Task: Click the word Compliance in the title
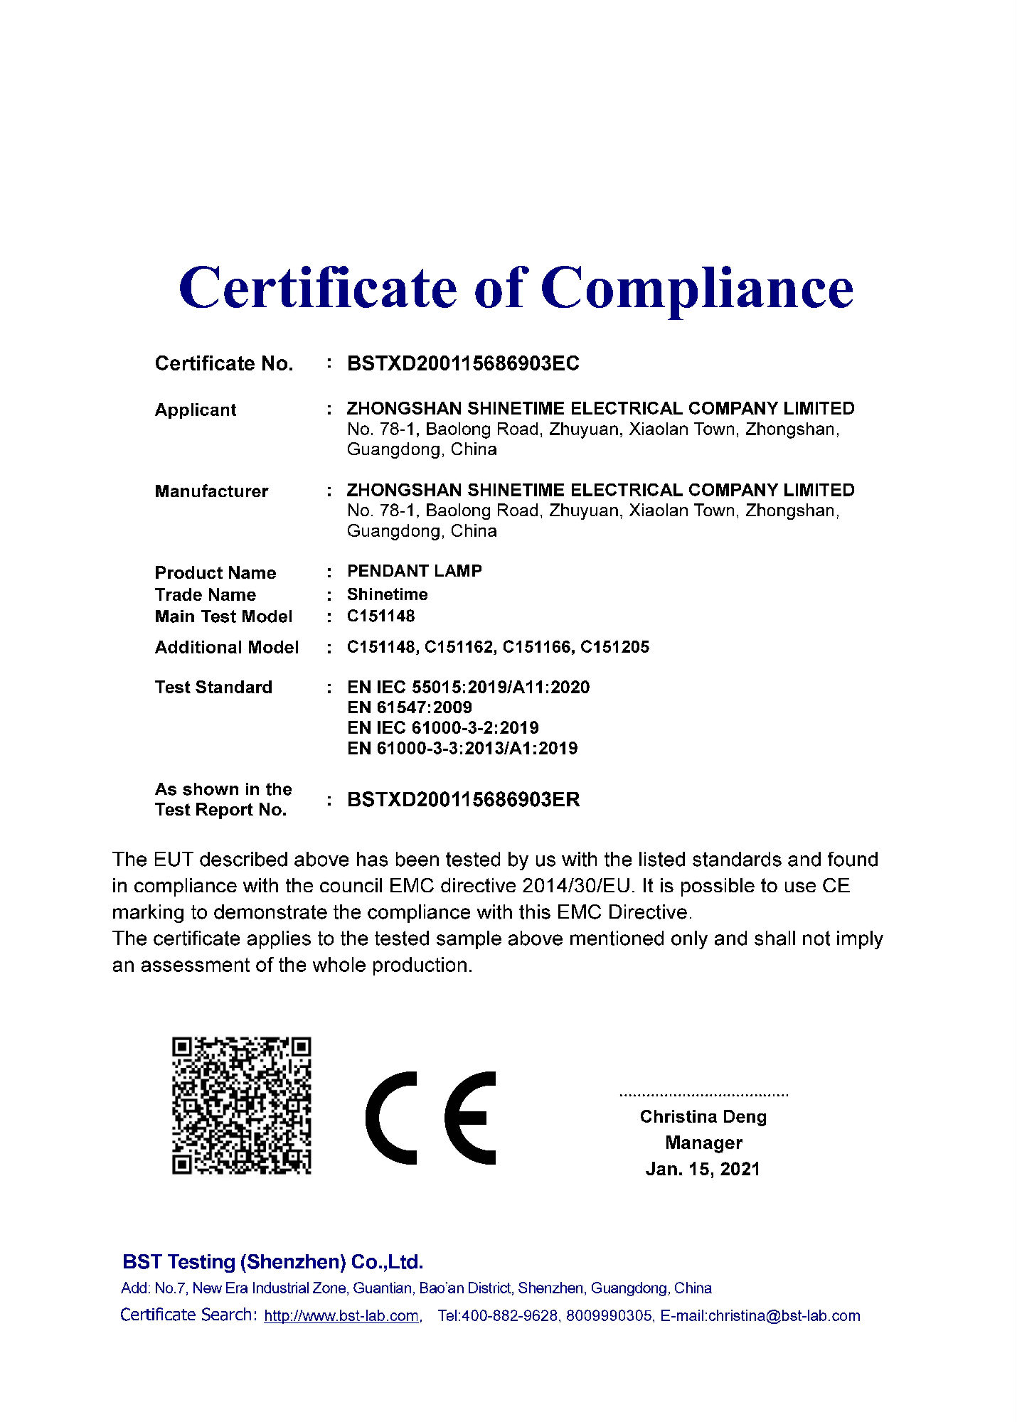[x=696, y=289]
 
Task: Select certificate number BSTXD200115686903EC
[x=463, y=363]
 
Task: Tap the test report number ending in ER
[x=463, y=800]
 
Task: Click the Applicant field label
[x=196, y=410]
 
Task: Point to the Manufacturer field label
[x=211, y=491]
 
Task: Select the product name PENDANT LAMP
[x=414, y=571]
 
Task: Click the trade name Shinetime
[x=387, y=594]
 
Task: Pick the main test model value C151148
[x=380, y=616]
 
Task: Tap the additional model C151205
[x=614, y=647]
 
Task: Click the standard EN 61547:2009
[x=409, y=707]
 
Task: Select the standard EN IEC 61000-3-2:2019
[x=442, y=728]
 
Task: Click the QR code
[x=241, y=1106]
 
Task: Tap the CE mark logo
[x=430, y=1118]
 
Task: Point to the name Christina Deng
[x=703, y=1117]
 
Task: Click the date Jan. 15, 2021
[x=703, y=1170]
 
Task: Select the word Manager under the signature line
[x=703, y=1143]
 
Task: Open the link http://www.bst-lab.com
[x=341, y=1316]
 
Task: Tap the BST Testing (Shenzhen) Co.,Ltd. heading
[x=272, y=1262]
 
